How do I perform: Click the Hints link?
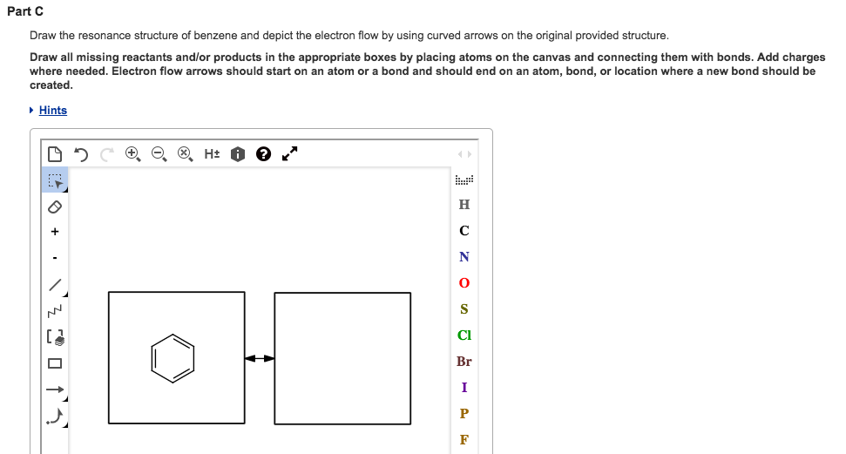click(x=52, y=111)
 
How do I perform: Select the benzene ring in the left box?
click(x=173, y=357)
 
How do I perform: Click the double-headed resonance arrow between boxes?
click(x=260, y=357)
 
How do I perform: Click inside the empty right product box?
click(x=342, y=357)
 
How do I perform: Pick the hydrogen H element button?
click(x=464, y=205)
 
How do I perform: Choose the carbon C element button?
click(x=464, y=231)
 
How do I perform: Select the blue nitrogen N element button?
click(x=464, y=257)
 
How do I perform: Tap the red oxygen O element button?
click(x=464, y=283)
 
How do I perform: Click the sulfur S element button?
click(x=464, y=309)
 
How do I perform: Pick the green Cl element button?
click(x=464, y=335)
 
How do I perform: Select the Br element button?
click(x=464, y=361)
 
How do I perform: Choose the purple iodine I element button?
click(x=464, y=387)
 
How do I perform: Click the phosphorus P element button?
click(x=464, y=413)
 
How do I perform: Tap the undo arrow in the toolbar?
click(x=81, y=154)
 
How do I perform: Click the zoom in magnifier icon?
click(x=132, y=154)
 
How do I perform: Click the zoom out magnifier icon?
click(x=159, y=154)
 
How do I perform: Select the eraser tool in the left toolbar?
click(x=54, y=207)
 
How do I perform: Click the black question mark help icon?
click(x=264, y=154)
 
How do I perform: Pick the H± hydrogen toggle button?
click(x=212, y=154)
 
